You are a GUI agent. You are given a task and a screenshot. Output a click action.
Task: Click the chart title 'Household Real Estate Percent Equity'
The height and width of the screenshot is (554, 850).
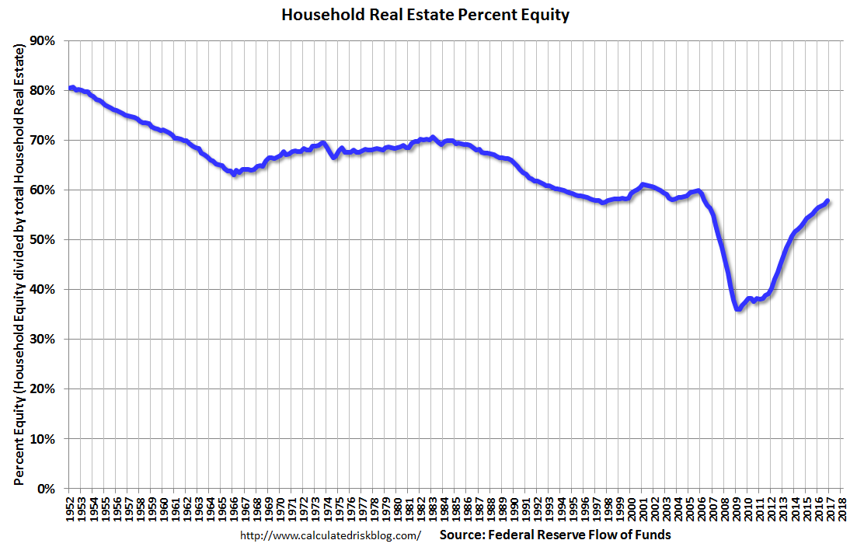[x=425, y=15]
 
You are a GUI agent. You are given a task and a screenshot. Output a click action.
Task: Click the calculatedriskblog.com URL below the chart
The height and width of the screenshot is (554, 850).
[x=330, y=535]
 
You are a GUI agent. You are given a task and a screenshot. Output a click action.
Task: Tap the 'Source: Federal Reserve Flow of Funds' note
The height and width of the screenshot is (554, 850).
[x=555, y=535]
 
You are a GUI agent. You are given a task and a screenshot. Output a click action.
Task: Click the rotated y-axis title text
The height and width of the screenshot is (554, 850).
[x=17, y=264]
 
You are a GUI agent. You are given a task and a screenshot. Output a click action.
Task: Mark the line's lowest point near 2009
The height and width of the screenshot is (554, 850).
[x=737, y=309]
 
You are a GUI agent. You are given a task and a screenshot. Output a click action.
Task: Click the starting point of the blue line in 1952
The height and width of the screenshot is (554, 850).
[x=71, y=88]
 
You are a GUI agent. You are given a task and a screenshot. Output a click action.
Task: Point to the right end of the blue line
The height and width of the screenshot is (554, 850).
[x=827, y=201]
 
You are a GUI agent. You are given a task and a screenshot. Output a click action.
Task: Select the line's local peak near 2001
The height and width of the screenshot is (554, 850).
[x=643, y=184]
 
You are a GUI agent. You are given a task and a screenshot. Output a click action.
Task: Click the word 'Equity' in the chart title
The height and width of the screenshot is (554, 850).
[x=546, y=15]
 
